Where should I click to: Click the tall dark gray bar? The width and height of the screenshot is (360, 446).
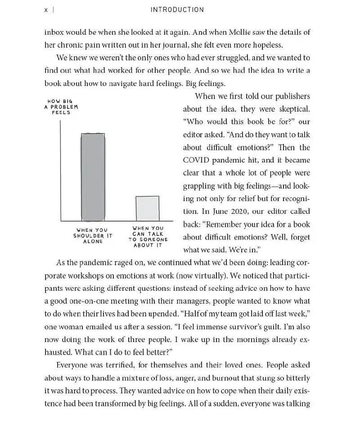pyautogui.click(x=93, y=177)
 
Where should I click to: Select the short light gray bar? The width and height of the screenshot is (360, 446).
pyautogui.click(x=148, y=208)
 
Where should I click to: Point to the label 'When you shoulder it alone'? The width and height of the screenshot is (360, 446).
pyautogui.click(x=93, y=235)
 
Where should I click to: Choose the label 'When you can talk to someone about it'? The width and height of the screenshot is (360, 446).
pyautogui.click(x=148, y=236)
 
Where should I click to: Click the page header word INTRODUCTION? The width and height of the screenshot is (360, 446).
pyautogui.click(x=177, y=9)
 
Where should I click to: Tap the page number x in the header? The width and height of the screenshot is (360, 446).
pyautogui.click(x=46, y=10)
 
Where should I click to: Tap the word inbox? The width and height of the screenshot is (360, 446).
pyautogui.click(x=54, y=32)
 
